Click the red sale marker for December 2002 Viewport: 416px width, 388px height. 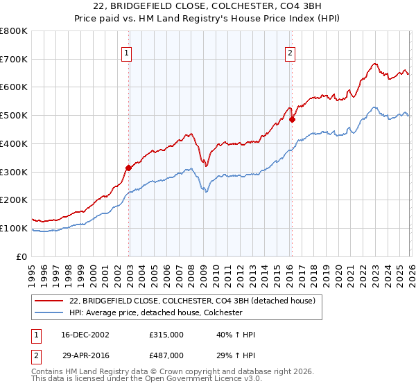pyautogui.click(x=128, y=168)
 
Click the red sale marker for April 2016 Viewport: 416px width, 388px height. pyautogui.click(x=292, y=119)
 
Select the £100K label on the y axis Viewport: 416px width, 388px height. pyautogui.click(x=14, y=228)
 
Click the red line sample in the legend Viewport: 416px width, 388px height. pyautogui.click(x=49, y=301)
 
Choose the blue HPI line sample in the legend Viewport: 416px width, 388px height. pyautogui.click(x=49, y=312)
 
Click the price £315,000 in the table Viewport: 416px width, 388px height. pyautogui.click(x=166, y=335)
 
